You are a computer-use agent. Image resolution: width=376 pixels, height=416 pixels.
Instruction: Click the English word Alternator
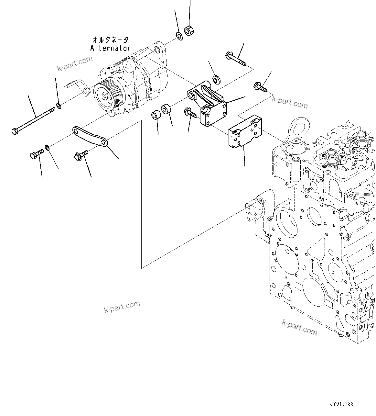click(x=110, y=48)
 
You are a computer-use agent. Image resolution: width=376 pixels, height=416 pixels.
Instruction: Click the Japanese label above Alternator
click(x=110, y=40)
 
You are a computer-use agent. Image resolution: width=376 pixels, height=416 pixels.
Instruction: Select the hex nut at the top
click(x=188, y=31)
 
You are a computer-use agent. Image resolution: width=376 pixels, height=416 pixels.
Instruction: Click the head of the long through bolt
click(x=15, y=131)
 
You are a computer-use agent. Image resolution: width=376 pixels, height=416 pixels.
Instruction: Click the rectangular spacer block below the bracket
click(x=245, y=133)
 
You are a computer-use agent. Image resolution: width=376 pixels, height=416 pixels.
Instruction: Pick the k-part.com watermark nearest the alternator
click(x=75, y=63)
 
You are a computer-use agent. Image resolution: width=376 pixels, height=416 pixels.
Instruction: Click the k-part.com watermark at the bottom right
click(x=299, y=327)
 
